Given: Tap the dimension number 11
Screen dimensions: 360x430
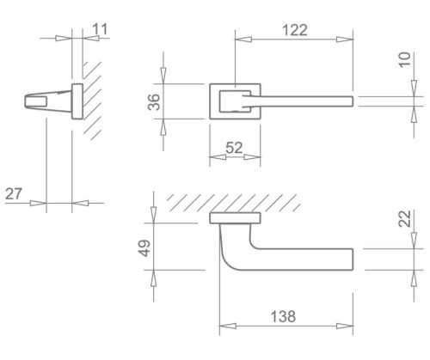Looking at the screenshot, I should [100, 28].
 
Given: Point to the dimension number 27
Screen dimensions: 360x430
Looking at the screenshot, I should [14, 193].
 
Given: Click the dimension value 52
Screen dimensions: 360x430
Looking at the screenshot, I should [234, 148].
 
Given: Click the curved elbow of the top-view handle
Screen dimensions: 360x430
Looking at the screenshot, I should [230, 253].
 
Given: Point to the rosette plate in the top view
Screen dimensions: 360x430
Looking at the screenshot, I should [236, 217].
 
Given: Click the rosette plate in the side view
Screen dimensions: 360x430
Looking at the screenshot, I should [77, 101].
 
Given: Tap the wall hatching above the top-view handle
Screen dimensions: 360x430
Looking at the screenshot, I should [232, 201].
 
